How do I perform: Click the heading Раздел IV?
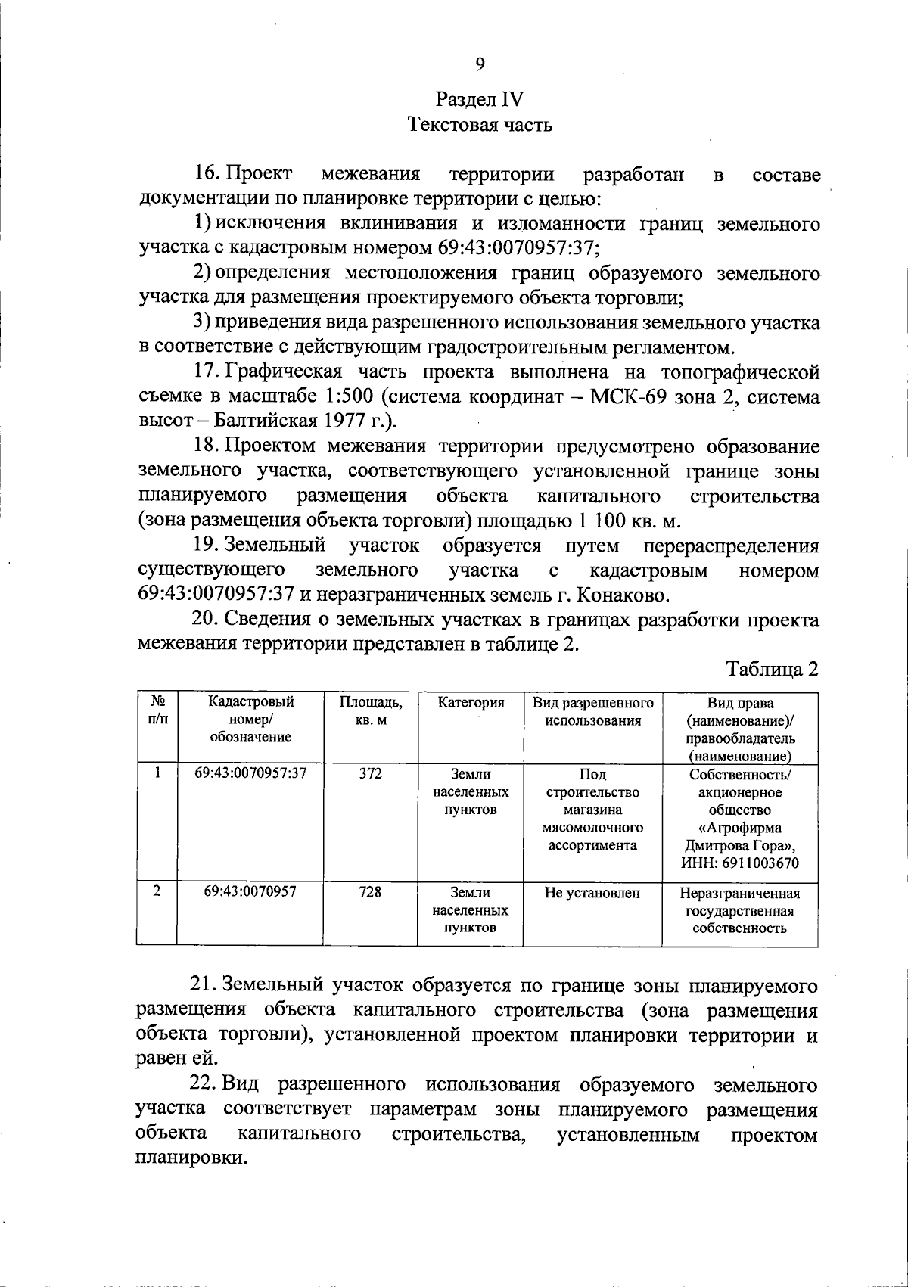tap(480, 100)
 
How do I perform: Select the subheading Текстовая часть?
tap(480, 125)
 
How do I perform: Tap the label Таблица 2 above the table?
tap(773, 669)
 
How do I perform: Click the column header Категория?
tap(471, 703)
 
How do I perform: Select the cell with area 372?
tap(371, 774)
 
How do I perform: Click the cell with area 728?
tap(371, 892)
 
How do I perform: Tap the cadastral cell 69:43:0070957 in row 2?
tap(250, 892)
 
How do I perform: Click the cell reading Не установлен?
tap(592, 893)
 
